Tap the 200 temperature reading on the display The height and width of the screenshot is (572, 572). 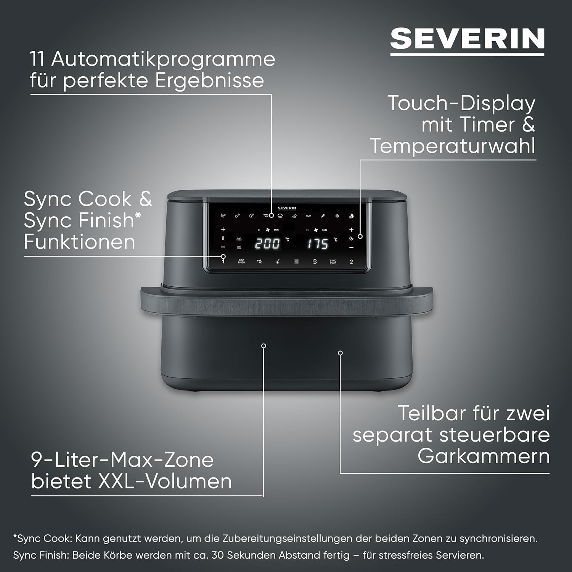(267, 243)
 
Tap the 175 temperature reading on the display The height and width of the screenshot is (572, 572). (318, 243)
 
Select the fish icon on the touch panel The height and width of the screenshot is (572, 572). (308, 216)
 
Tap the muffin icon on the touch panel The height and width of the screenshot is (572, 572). (280, 216)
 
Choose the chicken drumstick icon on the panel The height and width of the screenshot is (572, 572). (237, 216)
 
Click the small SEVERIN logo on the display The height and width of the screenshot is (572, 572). (287, 208)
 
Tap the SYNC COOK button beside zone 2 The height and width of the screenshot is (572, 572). (333, 262)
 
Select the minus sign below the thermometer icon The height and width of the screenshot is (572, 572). (223, 247)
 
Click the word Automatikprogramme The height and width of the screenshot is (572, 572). (163, 59)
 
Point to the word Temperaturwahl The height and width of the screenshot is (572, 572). (453, 146)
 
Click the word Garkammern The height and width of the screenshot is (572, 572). (484, 456)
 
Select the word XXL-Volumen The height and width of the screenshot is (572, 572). (165, 481)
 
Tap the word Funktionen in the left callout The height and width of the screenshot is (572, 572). (79, 242)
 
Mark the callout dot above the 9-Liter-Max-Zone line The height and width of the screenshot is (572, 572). (264, 346)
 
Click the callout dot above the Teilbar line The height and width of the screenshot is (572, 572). (340, 353)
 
